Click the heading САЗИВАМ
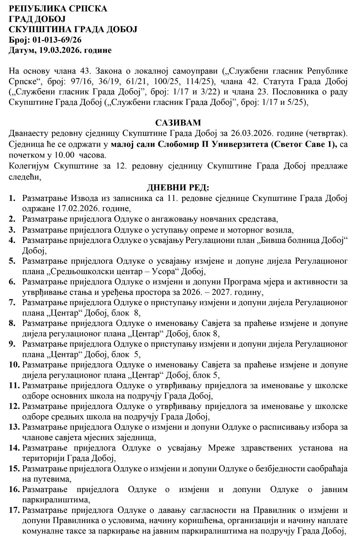click(x=178, y=123)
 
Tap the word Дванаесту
click(x=30, y=133)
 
